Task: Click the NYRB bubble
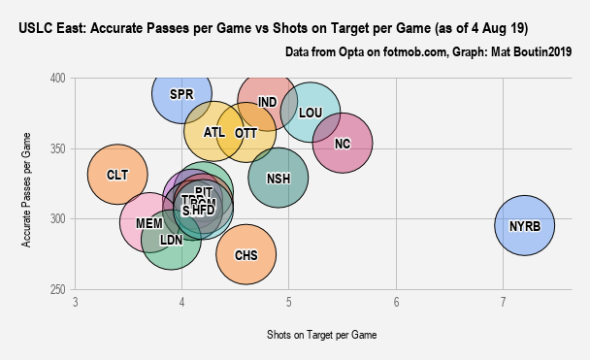tap(524, 226)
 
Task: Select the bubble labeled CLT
tap(117, 175)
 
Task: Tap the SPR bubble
tap(181, 94)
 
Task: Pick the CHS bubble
tap(246, 255)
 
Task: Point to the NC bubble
tap(342, 144)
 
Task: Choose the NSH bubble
tap(279, 178)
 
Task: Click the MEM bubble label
tap(149, 223)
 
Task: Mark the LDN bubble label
tap(171, 239)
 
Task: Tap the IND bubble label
tap(268, 102)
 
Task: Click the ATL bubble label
tap(214, 132)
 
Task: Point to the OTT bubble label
tap(246, 133)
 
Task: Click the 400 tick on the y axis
tap(60, 78)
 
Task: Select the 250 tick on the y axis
tap(60, 290)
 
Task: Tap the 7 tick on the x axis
tap(503, 303)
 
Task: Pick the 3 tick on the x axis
tap(76, 303)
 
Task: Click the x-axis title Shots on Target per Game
tap(321, 335)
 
